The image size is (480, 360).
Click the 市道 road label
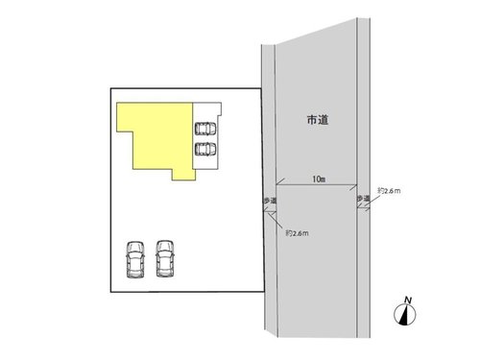(318, 120)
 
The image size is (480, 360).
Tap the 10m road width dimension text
(319, 180)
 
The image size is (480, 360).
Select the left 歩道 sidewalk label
(270, 201)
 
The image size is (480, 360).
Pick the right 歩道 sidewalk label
(364, 199)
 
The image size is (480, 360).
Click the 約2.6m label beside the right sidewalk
(389, 191)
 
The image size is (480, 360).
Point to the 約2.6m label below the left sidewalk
(297, 233)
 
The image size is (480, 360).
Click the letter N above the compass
(408, 300)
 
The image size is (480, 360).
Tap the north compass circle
(405, 315)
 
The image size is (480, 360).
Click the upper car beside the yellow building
(205, 129)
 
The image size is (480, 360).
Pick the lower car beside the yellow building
(205, 149)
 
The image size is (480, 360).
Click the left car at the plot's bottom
(135, 259)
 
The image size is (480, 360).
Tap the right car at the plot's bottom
(165, 258)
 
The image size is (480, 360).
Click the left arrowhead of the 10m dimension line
(277, 184)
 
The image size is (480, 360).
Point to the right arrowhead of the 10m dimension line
(355, 185)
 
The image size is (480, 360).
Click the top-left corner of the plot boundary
(110, 88)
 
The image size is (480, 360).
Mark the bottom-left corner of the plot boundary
(110, 292)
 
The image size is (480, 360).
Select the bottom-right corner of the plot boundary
(264, 291)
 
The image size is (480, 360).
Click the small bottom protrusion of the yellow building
(183, 175)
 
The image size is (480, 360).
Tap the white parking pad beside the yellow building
(206, 135)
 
